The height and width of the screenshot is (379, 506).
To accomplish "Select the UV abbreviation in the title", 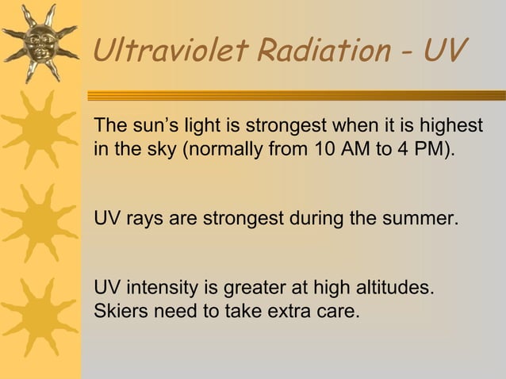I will tap(446, 52).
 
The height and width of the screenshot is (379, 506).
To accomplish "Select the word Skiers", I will tap(120, 309).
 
